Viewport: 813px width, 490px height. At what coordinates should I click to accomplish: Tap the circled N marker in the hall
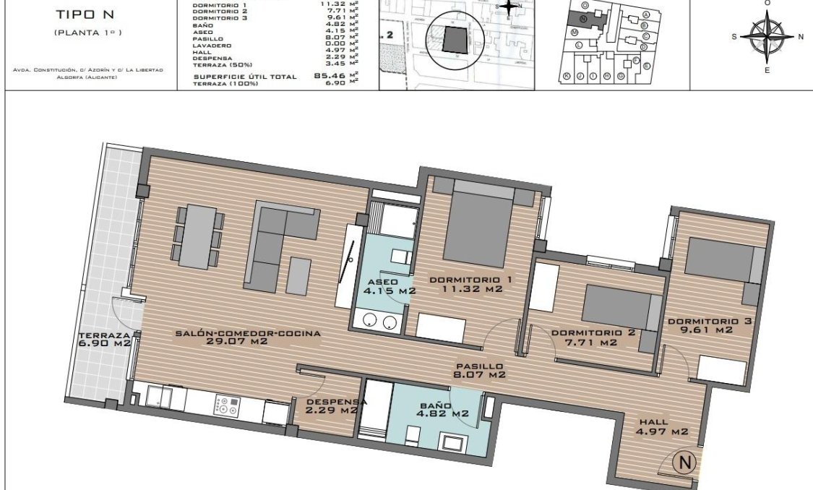683,460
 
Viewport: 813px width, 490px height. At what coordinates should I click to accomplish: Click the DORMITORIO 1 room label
465,280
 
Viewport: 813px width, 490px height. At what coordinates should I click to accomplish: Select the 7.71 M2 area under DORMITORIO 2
584,343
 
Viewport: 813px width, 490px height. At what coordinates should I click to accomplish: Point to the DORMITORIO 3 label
700,321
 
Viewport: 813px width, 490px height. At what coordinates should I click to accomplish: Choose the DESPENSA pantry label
337,402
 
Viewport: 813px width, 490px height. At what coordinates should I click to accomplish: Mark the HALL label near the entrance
653,422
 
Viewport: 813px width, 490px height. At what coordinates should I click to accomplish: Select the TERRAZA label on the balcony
105,335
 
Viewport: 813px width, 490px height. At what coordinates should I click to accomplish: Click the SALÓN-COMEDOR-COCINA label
248,333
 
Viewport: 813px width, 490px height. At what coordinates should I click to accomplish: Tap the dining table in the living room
198,236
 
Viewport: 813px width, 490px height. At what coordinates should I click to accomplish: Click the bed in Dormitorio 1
478,225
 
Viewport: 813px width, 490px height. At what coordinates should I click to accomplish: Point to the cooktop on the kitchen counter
226,407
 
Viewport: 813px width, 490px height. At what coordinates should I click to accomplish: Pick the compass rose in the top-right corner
767,36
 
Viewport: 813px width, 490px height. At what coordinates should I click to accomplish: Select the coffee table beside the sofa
298,275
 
